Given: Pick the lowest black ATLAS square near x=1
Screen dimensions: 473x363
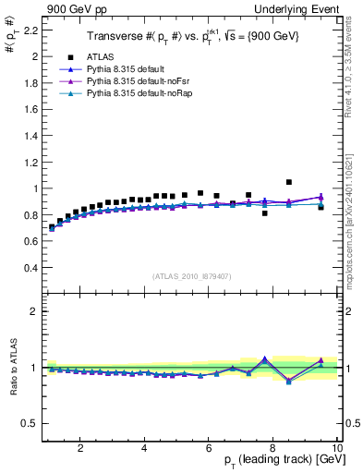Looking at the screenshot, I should coord(52,226).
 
